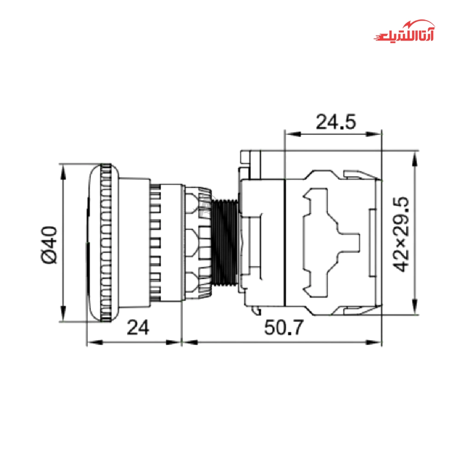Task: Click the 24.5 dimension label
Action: pyautogui.click(x=336, y=122)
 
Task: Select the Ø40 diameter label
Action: pyautogui.click(x=49, y=245)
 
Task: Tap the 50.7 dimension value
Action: pyautogui.click(x=284, y=328)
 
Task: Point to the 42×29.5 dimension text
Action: pyautogui.click(x=401, y=235)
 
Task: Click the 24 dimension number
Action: pyautogui.click(x=138, y=328)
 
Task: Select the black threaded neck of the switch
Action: pyautogui.click(x=225, y=242)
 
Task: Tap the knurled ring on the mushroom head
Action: pyautogui.click(x=106, y=242)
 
